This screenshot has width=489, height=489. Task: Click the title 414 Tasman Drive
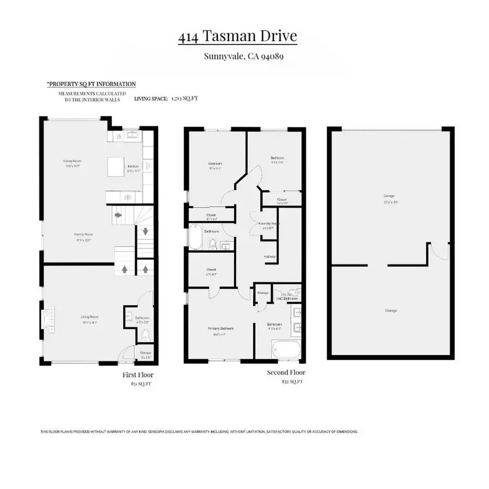pyautogui.click(x=237, y=37)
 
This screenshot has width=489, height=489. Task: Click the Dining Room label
pyautogui.click(x=72, y=161)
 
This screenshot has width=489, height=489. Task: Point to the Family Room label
pyautogui.click(x=81, y=234)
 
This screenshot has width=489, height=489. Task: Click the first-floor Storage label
pyautogui.click(x=146, y=353)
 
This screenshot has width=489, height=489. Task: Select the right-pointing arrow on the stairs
pyautogui.click(x=119, y=216)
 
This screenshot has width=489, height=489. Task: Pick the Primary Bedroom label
pyautogui.click(x=220, y=329)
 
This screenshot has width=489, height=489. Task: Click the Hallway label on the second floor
pyautogui.click(x=270, y=257)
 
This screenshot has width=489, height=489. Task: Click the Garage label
pyautogui.click(x=388, y=196)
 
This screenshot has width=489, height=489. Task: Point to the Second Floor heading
pyautogui.click(x=286, y=373)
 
